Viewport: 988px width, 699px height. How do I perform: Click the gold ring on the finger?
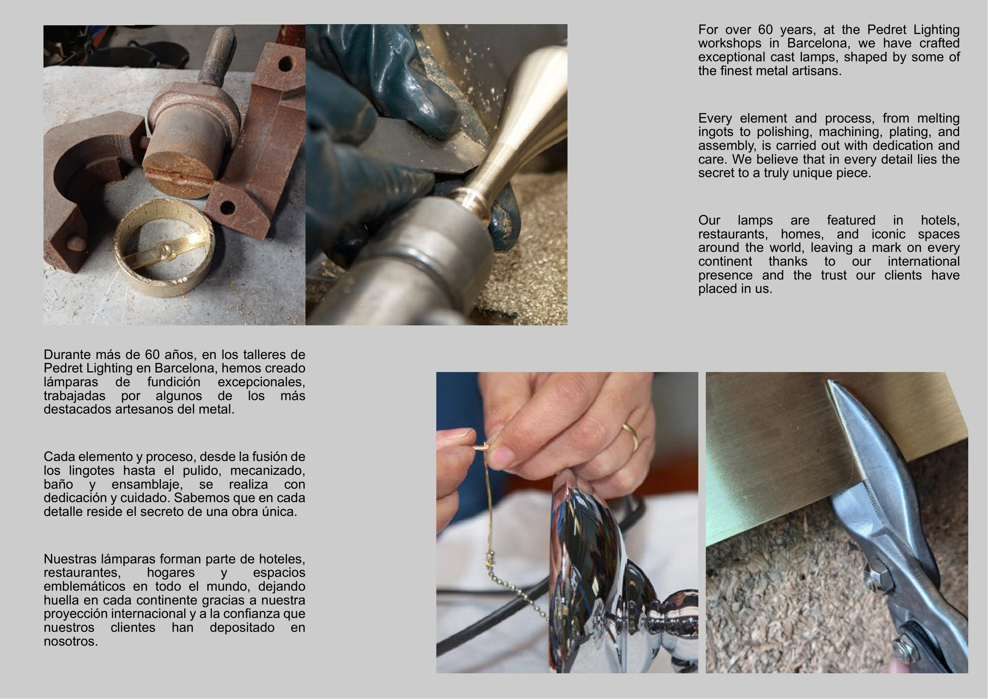tap(631, 436)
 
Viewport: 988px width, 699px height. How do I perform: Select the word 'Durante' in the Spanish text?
tap(68, 355)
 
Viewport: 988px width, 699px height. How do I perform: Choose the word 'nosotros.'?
tap(71, 641)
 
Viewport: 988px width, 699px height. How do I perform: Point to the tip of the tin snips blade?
tap(828, 380)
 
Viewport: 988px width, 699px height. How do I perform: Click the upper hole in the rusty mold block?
tap(285, 64)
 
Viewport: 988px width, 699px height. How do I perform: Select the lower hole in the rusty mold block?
tap(227, 208)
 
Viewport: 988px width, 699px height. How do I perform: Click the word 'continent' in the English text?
tap(726, 262)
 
